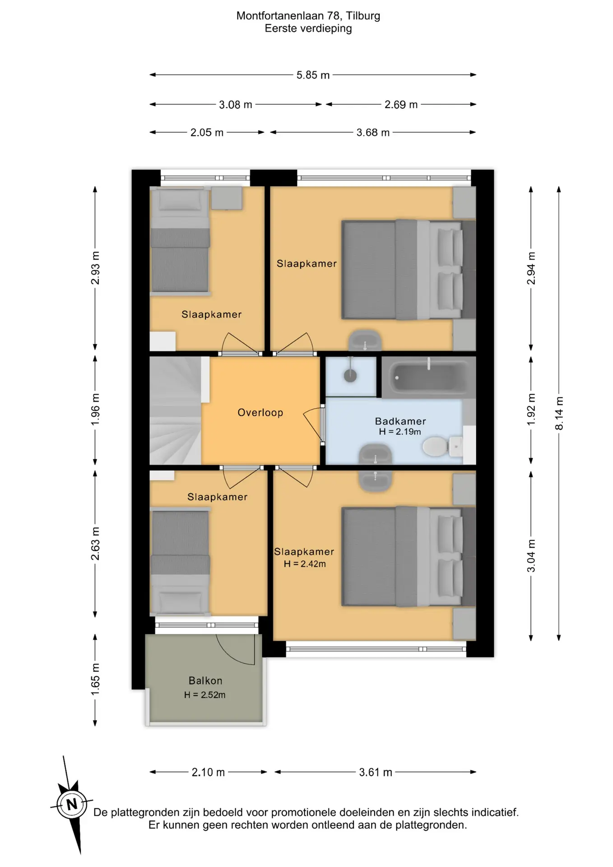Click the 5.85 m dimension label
(313, 75)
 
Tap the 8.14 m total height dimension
(559, 413)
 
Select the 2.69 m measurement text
(401, 105)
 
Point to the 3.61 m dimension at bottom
(376, 772)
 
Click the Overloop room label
(260, 412)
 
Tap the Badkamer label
(400, 421)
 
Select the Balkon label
(205, 681)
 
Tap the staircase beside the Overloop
(176, 410)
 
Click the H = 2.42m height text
(305, 564)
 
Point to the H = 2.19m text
(400, 432)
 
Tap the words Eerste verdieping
(308, 28)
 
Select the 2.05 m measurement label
(207, 133)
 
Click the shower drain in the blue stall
(350, 375)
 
